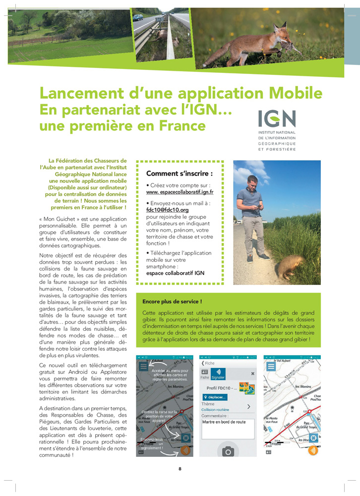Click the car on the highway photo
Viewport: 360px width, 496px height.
137,17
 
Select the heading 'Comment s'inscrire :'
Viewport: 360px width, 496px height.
179,174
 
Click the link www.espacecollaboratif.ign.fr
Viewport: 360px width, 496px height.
180,191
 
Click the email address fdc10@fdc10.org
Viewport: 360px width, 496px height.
167,210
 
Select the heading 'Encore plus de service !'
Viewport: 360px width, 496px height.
172,301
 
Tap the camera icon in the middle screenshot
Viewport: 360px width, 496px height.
228,450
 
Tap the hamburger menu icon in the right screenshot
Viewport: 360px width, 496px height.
271,367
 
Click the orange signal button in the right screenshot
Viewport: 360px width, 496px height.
313,450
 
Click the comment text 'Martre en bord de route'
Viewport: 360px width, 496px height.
224,422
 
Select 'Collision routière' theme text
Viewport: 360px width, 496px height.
215,410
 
